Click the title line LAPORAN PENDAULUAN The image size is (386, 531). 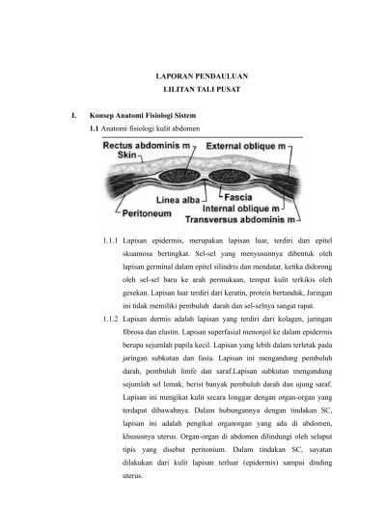(203, 74)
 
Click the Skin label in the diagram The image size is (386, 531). (126, 154)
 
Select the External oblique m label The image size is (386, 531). (249, 145)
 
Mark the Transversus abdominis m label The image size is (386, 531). (247, 218)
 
